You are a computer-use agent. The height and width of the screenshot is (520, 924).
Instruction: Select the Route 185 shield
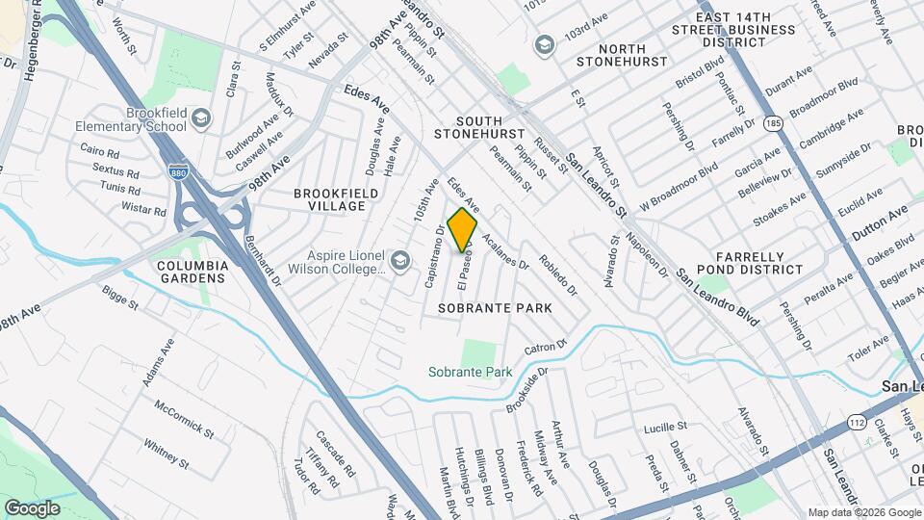(772, 124)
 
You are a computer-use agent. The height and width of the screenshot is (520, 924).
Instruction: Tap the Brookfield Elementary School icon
(201, 118)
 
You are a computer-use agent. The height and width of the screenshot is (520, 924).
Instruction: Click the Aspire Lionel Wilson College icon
(399, 259)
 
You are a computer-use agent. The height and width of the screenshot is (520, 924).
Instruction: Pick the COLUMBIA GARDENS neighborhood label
(193, 272)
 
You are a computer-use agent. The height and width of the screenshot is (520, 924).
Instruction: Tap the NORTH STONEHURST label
(620, 55)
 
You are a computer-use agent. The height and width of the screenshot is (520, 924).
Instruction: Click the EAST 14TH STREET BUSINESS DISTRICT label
(748, 30)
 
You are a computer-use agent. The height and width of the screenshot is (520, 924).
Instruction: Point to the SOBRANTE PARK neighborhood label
(495, 308)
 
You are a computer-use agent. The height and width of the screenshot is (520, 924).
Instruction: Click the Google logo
(32, 507)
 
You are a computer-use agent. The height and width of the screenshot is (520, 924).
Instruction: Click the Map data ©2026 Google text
(863, 512)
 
